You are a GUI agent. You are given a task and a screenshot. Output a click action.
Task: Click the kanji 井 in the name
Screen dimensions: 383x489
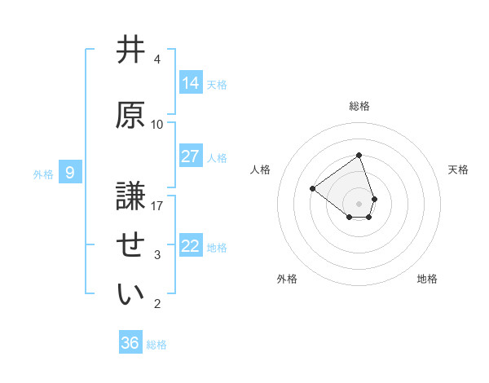click(130, 51)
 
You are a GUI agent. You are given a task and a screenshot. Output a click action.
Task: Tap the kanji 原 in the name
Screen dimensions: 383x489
click(130, 115)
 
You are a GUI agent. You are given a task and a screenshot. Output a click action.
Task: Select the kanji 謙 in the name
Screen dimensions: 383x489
click(130, 196)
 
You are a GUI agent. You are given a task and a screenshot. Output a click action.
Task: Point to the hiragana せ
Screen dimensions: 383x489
click(130, 245)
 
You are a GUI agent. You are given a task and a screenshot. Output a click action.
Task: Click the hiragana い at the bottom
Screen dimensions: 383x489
click(130, 294)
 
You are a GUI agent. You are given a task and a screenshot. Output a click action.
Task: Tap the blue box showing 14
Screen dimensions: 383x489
click(191, 82)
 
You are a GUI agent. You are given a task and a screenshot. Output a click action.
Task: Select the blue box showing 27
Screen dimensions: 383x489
click(191, 156)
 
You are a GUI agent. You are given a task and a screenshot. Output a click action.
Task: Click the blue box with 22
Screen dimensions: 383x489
click(191, 245)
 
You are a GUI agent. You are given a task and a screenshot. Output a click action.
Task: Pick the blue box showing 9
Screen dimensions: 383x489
click(70, 172)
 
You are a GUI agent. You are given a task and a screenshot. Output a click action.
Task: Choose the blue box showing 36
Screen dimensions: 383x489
click(130, 343)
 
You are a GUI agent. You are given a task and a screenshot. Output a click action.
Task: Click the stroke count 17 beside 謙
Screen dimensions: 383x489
click(157, 205)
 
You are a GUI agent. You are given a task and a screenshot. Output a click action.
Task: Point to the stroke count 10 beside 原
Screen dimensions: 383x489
click(157, 124)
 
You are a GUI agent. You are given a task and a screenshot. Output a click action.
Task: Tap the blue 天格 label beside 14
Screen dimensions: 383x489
click(217, 84)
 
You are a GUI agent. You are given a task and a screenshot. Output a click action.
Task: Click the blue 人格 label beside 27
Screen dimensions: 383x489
click(217, 157)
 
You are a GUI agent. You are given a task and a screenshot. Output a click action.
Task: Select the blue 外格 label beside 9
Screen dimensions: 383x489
click(43, 174)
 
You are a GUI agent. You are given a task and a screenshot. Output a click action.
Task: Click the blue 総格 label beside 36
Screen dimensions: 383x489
click(156, 345)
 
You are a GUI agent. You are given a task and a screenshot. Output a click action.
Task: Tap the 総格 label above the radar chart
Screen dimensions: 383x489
click(359, 106)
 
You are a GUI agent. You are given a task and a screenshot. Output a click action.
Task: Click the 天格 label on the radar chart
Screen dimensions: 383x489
click(458, 169)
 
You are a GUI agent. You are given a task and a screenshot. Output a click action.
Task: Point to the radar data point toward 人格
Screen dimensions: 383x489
click(312, 188)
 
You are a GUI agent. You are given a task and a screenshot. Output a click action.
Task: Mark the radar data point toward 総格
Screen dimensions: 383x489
click(359, 156)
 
